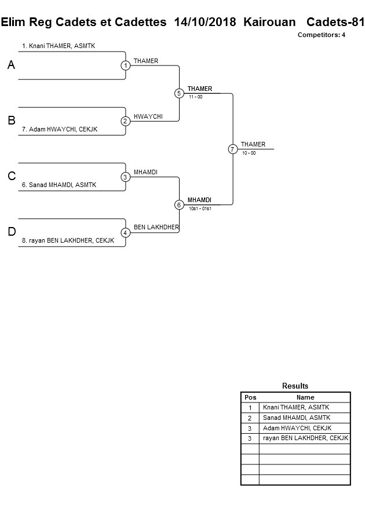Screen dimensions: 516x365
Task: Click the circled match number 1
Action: (x=125, y=65)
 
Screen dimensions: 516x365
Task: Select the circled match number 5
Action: (x=179, y=93)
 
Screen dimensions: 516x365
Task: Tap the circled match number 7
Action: (x=232, y=149)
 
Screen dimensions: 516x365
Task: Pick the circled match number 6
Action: (x=179, y=204)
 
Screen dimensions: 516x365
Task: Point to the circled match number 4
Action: (x=125, y=232)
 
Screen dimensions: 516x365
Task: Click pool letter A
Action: (x=11, y=65)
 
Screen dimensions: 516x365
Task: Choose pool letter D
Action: (x=11, y=232)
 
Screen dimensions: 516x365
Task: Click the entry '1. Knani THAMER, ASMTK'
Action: (x=58, y=46)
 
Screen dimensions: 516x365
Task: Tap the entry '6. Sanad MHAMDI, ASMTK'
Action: (x=59, y=185)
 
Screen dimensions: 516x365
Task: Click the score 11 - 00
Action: (x=195, y=97)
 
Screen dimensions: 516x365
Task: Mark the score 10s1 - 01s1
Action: (x=200, y=208)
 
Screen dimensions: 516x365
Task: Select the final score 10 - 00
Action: (x=249, y=153)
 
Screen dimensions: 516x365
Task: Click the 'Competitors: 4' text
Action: (x=321, y=35)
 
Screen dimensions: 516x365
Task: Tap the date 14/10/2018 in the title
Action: (x=205, y=22)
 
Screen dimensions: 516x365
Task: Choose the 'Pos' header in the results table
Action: (x=250, y=397)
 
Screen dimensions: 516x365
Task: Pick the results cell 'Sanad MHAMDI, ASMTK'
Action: (x=296, y=418)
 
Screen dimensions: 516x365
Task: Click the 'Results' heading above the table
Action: (x=295, y=386)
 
